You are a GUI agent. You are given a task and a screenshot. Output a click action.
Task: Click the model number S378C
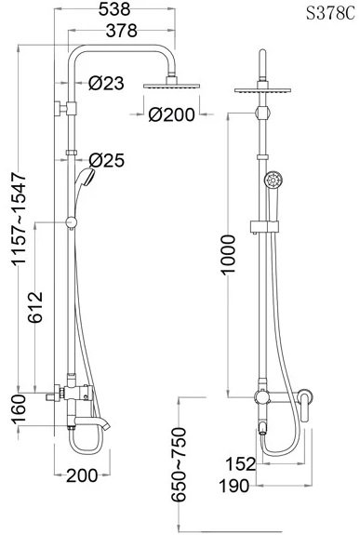coord(330,14)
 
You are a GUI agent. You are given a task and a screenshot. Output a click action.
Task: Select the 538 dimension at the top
coord(114,9)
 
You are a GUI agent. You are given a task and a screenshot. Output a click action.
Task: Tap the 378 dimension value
coord(121,31)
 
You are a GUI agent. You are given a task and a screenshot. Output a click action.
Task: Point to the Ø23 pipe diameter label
coord(106,83)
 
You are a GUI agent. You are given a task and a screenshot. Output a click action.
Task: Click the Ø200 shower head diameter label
coord(172,114)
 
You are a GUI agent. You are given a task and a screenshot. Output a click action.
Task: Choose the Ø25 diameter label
coord(107,160)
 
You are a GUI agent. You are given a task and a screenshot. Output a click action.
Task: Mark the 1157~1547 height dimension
coord(19,219)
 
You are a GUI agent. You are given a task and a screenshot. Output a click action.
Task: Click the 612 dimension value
coord(35,307)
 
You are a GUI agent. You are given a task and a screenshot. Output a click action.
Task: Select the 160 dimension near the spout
coord(18,409)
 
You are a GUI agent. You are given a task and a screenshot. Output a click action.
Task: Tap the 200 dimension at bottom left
coord(82,475)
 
